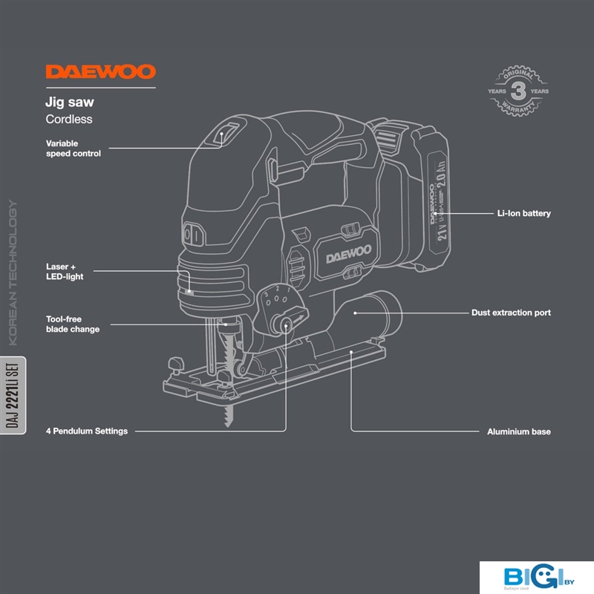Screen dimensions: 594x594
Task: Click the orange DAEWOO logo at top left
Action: tap(101, 72)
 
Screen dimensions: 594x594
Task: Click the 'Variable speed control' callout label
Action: tap(73, 148)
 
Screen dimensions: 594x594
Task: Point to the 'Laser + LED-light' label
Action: tap(65, 271)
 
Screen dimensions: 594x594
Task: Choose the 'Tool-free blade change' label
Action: tap(73, 324)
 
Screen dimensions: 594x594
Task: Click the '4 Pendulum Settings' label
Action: tap(87, 431)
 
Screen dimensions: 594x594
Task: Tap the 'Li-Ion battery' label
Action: tap(523, 214)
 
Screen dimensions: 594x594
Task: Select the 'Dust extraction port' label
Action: tap(511, 313)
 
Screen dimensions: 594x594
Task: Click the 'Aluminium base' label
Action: tap(518, 431)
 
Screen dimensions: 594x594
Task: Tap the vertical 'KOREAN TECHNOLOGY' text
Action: tap(13, 274)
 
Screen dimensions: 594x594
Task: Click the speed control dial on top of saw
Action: tap(227, 134)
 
